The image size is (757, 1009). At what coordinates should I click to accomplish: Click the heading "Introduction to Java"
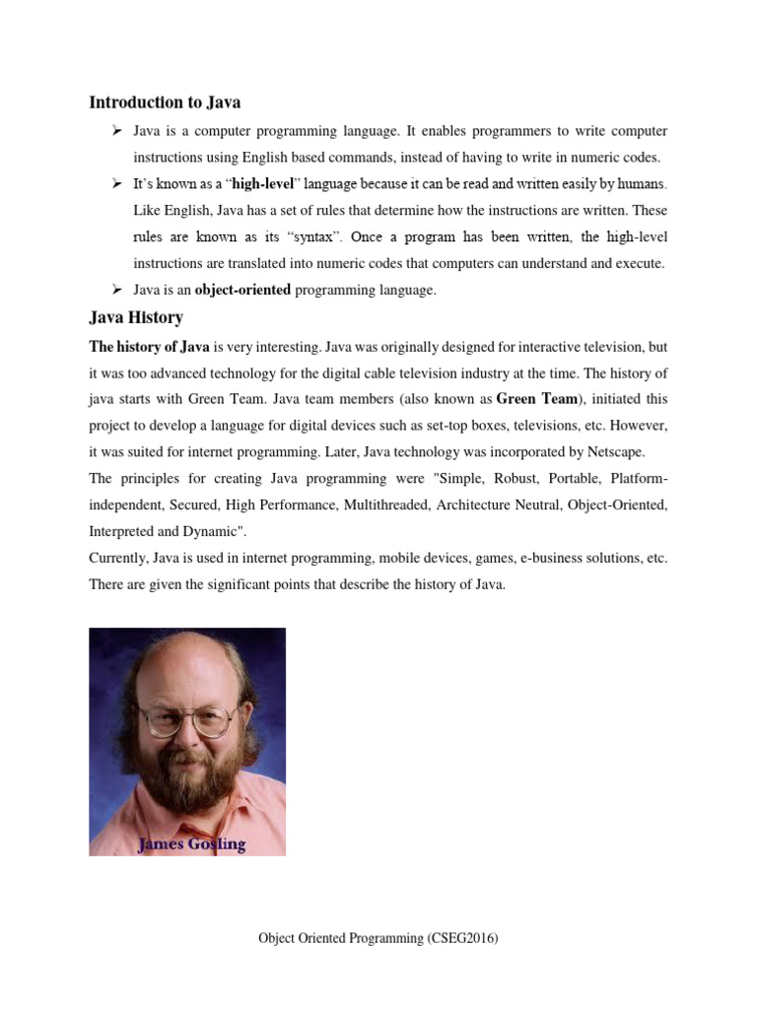[165, 102]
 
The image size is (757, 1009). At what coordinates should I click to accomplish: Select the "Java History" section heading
[136, 318]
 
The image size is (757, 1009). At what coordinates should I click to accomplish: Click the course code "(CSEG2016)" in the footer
[463, 939]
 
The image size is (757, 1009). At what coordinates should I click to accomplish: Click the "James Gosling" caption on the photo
[191, 843]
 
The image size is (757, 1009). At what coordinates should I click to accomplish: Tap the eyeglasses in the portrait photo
[185, 722]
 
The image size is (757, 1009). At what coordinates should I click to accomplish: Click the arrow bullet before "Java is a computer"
[116, 131]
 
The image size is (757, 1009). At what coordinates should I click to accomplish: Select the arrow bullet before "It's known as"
[116, 184]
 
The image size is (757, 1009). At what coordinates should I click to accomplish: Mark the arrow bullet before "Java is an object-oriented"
[116, 290]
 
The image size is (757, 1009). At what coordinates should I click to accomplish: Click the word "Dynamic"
[208, 530]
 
